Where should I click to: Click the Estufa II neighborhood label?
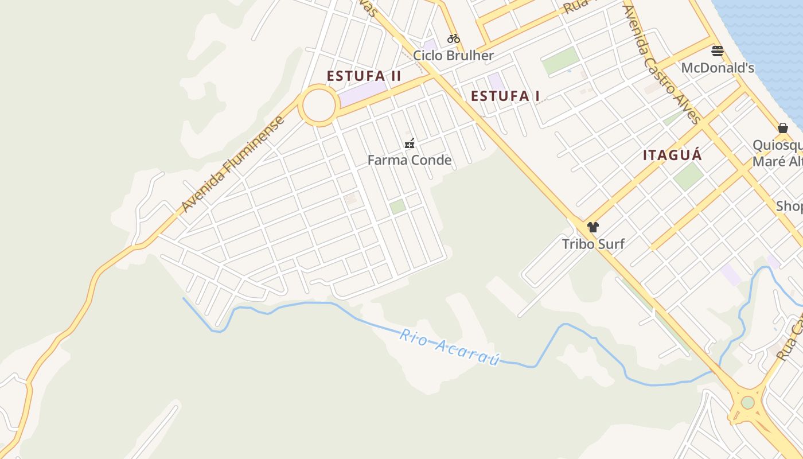click(x=364, y=76)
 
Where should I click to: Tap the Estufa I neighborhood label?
click(x=505, y=96)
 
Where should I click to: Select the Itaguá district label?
click(x=672, y=155)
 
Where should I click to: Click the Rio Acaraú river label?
click(x=450, y=347)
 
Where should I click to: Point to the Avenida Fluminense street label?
click(x=232, y=164)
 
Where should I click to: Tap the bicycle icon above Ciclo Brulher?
click(x=454, y=38)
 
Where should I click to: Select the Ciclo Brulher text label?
click(x=453, y=56)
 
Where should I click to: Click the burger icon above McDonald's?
click(x=717, y=51)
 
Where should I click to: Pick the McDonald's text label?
click(x=717, y=68)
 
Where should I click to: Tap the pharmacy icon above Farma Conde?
click(x=410, y=143)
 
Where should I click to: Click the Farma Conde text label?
click(x=410, y=160)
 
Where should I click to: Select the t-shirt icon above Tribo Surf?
click(x=593, y=227)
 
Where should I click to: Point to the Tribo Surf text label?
click(x=593, y=244)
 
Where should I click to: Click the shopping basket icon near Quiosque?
click(x=783, y=128)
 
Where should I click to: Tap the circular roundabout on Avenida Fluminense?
click(x=318, y=106)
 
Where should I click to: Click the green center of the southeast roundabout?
click(x=747, y=402)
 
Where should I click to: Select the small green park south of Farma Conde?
click(x=397, y=207)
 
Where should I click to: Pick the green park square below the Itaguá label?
click(x=688, y=176)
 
